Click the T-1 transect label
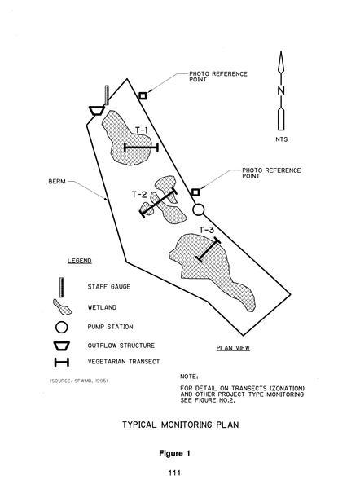coord(141,130)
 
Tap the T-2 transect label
coord(139,195)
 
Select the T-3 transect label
coord(207,230)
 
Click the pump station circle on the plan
coord(199,209)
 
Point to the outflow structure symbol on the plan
coord(97,110)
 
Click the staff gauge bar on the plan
coord(107,95)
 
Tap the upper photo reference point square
coord(143,95)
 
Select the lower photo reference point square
coord(195,192)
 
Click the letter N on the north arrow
coord(281,90)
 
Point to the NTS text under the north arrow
coord(282,139)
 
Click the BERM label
coord(57,181)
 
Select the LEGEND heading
coord(80,261)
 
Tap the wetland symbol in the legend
coord(62,307)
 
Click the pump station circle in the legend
coord(61,327)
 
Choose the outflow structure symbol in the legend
coord(62,346)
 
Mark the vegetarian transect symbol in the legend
coord(62,363)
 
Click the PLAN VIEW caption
coord(233,348)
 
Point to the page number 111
coord(174,473)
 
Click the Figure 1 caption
coord(174,453)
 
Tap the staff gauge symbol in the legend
coord(61,287)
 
